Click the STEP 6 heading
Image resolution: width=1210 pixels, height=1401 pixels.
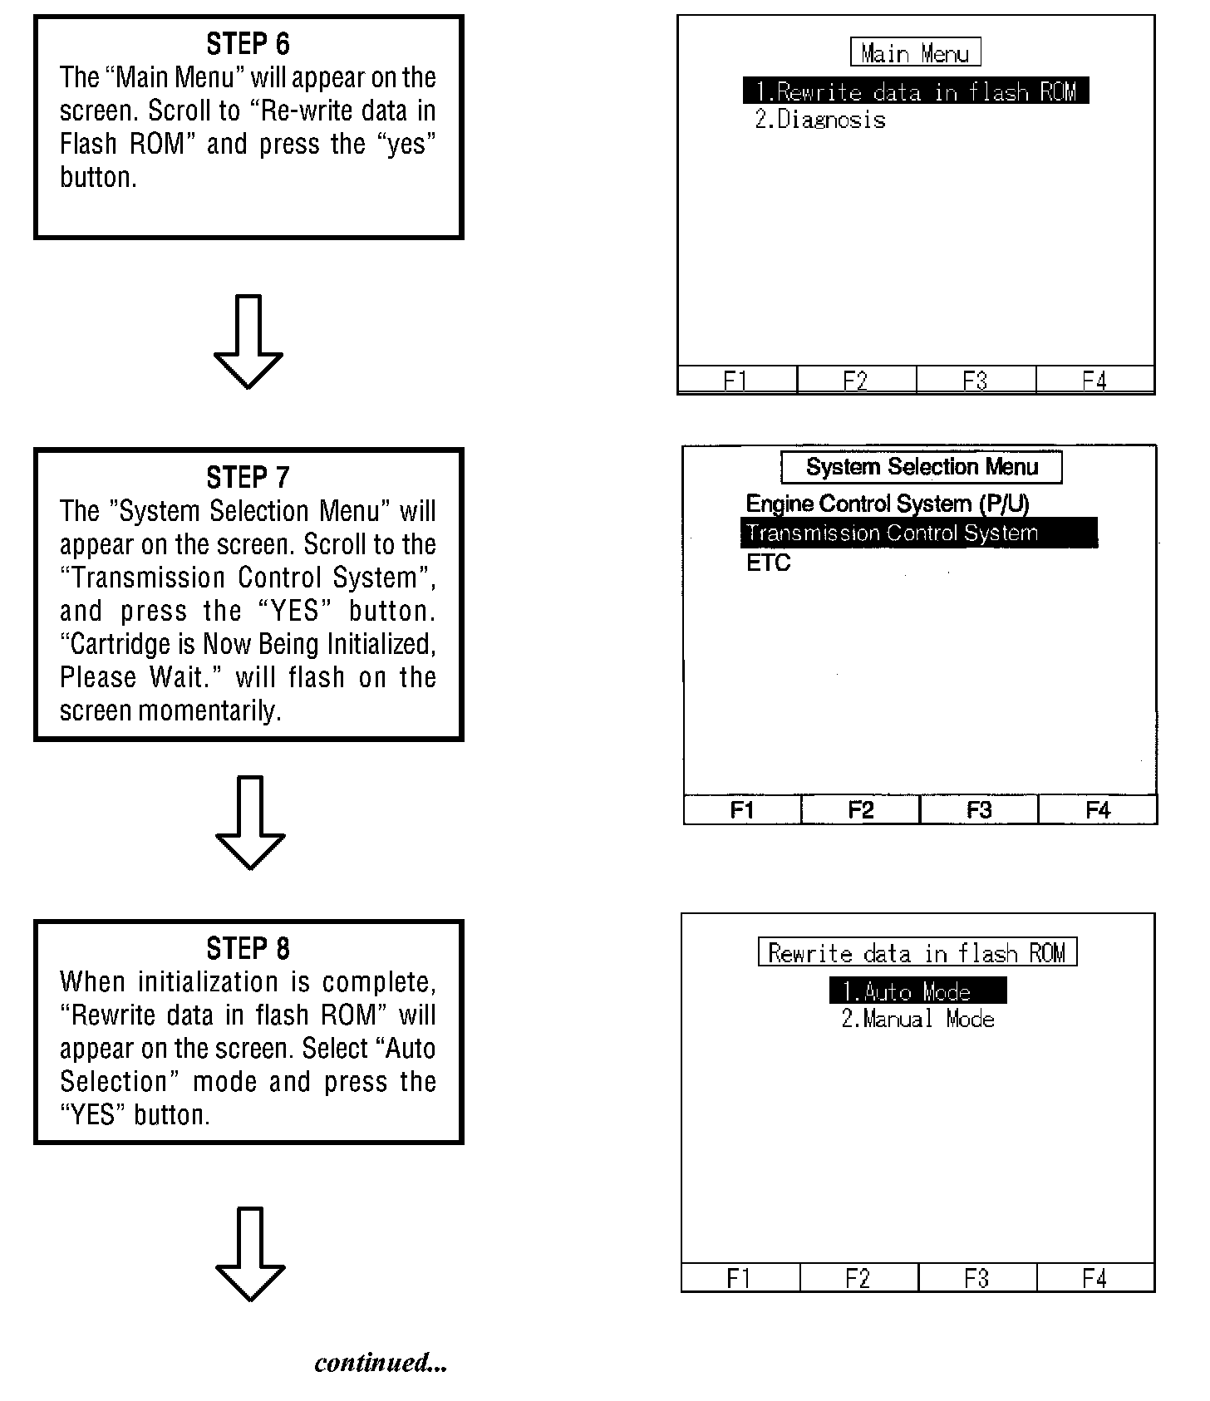248,44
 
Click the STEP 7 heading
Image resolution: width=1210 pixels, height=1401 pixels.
248,478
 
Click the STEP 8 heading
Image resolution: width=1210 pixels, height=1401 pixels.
248,949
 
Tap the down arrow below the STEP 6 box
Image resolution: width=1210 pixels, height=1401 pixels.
248,342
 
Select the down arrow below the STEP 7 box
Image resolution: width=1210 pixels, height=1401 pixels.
250,823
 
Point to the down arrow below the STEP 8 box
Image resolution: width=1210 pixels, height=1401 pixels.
250,1254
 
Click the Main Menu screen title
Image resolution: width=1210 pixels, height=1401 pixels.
915,53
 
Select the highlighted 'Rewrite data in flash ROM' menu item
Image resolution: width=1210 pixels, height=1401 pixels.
915,91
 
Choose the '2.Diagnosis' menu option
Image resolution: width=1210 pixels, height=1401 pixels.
820,120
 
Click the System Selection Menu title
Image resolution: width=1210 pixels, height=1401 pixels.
922,467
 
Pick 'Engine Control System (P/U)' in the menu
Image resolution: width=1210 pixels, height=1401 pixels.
888,504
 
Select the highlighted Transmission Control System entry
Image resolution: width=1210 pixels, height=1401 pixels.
918,533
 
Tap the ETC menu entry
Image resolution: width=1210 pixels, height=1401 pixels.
768,563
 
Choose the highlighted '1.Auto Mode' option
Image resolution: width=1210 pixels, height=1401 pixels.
917,991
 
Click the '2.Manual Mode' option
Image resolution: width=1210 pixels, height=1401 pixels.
917,1020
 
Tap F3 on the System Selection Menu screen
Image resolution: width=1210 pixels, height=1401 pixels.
979,810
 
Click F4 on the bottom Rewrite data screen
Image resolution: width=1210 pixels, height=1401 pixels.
1094,1278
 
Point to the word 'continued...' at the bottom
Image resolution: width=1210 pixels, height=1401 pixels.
381,1363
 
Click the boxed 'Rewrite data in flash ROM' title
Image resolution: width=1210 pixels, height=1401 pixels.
917,952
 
